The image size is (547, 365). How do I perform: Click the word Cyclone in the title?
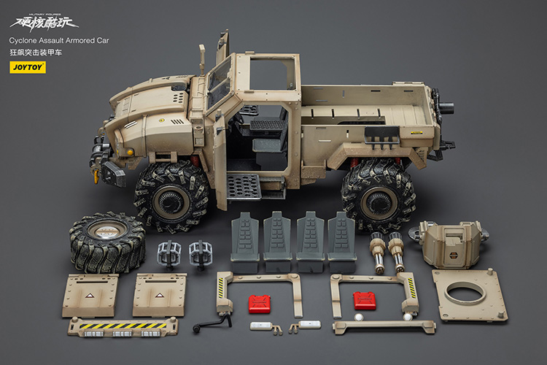(x=25, y=42)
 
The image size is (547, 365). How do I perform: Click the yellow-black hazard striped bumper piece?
(x=122, y=326)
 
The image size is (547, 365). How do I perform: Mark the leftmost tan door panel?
(x=90, y=295)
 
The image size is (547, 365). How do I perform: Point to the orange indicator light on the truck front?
(x=128, y=151)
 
